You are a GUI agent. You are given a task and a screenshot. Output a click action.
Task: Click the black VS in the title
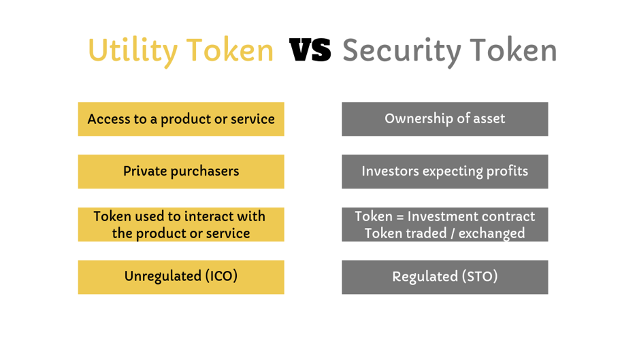click(310, 50)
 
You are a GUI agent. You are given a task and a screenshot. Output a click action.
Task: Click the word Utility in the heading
click(133, 52)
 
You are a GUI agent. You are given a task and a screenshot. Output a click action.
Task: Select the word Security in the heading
click(402, 52)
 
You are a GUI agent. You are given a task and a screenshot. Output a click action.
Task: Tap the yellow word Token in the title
click(230, 50)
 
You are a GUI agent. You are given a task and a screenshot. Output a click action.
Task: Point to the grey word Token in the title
click(514, 50)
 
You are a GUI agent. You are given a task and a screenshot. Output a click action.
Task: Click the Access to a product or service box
click(181, 119)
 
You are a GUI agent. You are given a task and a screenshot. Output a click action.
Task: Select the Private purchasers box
click(181, 171)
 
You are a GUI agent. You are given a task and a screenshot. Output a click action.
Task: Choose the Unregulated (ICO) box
click(181, 277)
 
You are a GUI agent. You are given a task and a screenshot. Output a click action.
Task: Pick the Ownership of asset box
click(445, 119)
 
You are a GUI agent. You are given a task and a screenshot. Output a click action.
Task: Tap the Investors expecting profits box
click(445, 171)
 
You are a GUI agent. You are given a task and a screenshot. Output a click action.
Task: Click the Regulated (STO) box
click(445, 277)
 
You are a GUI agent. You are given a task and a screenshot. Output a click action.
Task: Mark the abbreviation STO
click(480, 276)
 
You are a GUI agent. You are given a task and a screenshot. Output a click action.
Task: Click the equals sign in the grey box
click(399, 217)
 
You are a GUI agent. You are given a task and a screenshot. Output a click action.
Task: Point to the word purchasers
click(205, 171)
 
